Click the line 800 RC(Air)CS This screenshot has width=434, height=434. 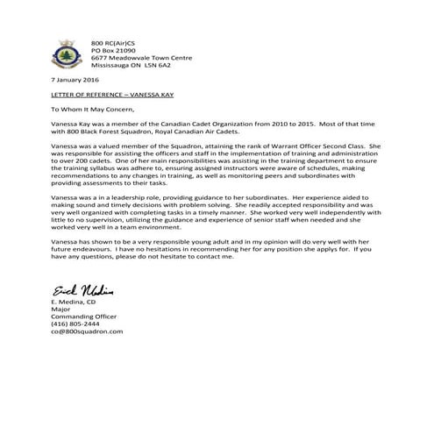[x=112, y=42]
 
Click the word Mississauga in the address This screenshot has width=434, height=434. [x=117, y=64]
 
